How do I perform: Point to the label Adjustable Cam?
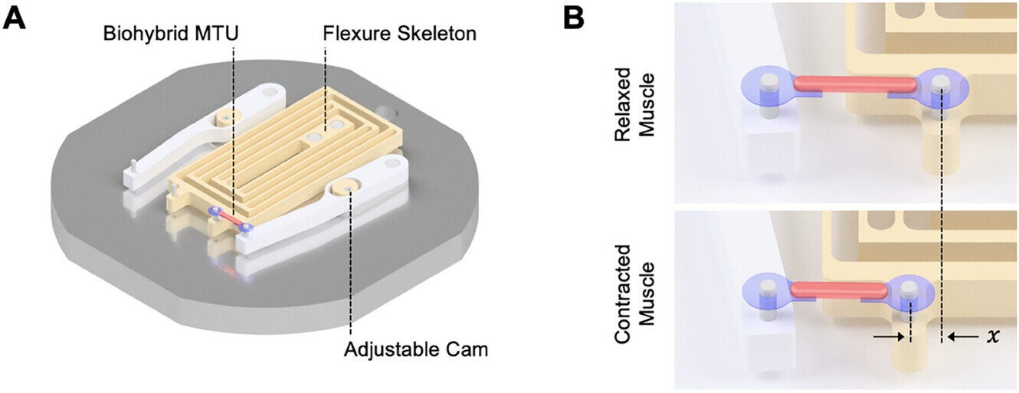(x=416, y=350)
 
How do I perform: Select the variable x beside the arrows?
(x=994, y=335)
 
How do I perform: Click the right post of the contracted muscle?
(x=909, y=291)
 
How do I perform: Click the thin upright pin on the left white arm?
(x=133, y=167)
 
